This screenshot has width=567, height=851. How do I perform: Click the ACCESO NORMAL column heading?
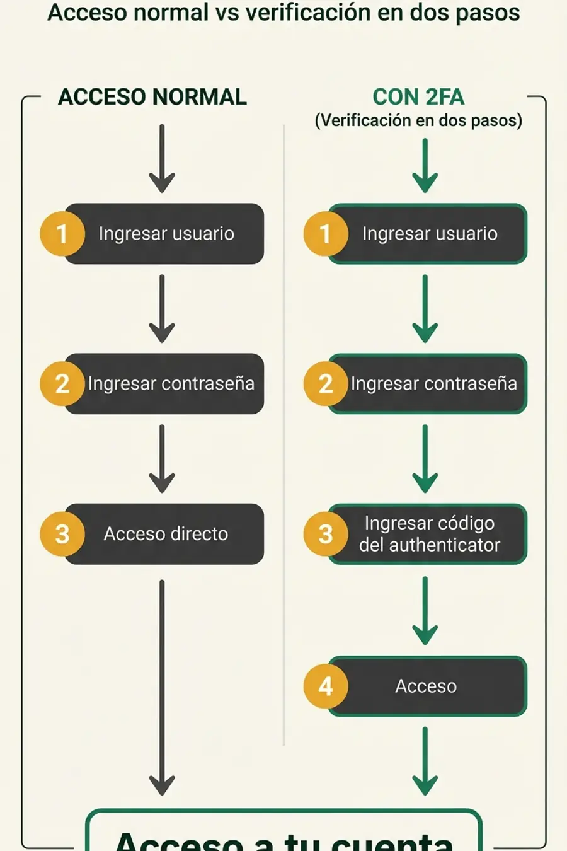click(x=152, y=97)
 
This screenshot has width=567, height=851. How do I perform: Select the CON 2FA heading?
click(x=418, y=97)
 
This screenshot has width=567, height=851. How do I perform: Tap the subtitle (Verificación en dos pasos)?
click(x=418, y=120)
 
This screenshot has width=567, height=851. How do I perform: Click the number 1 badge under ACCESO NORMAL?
click(x=62, y=234)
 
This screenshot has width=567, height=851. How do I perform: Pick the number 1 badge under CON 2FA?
click(x=325, y=234)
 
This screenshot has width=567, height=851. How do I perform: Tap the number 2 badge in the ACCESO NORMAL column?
click(x=62, y=384)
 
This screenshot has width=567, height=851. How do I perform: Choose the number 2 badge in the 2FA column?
click(x=325, y=384)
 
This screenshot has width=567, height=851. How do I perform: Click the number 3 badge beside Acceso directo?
click(x=62, y=534)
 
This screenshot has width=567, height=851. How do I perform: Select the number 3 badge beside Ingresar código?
click(x=325, y=534)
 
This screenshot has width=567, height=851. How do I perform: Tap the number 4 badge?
click(x=325, y=686)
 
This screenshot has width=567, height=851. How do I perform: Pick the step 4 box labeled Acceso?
click(x=426, y=686)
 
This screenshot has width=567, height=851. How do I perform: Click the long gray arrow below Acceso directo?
click(x=162, y=687)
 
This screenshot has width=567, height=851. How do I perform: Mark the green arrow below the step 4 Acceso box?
click(x=425, y=761)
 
